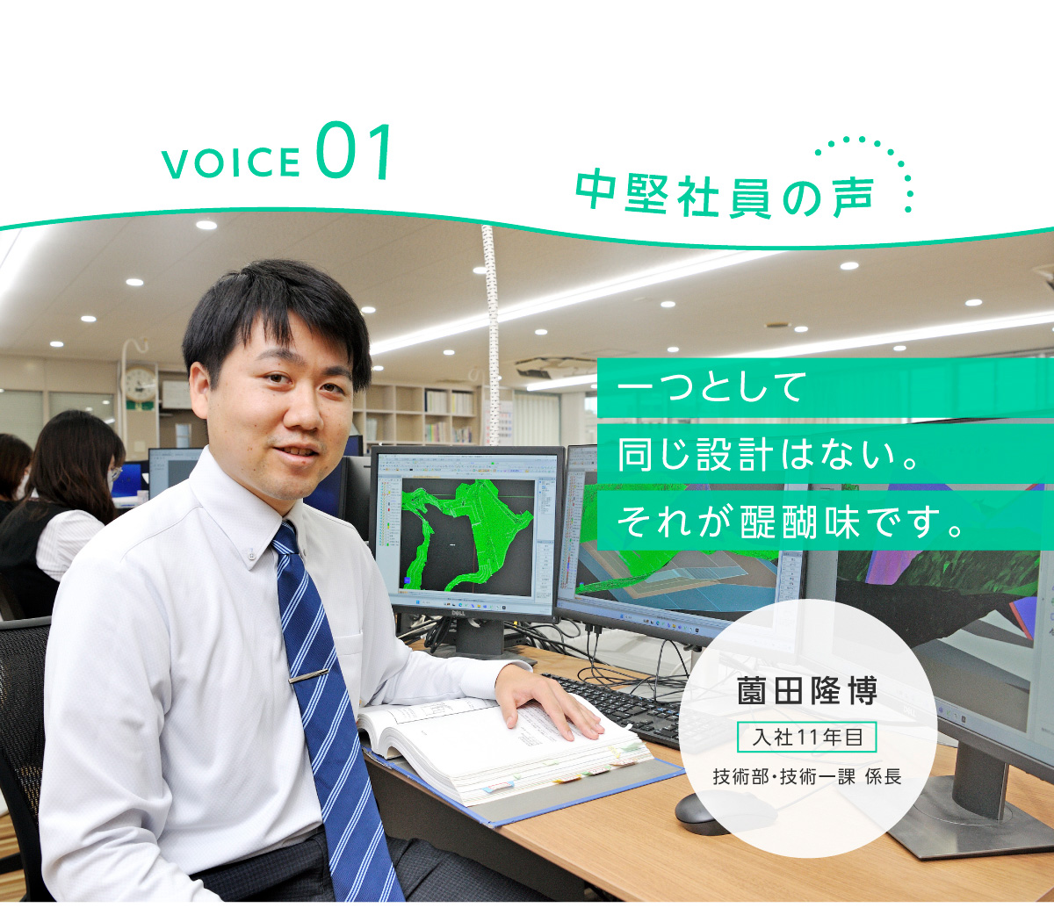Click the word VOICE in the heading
[231, 162]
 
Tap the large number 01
[354, 151]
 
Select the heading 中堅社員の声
[725, 196]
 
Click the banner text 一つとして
[711, 386]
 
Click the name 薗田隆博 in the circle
[807, 691]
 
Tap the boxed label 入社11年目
[807, 737]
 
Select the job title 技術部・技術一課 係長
[807, 776]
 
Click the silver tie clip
[308, 676]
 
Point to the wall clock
[141, 384]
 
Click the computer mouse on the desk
[701, 813]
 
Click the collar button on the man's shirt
[251, 557]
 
